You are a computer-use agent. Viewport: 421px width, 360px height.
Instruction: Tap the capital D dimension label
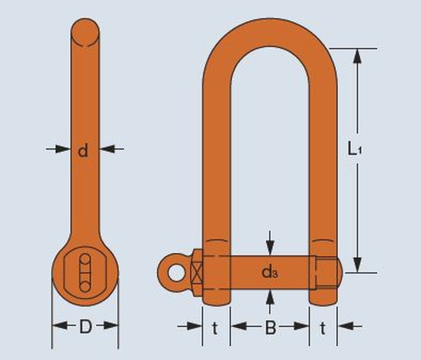[x=85, y=327]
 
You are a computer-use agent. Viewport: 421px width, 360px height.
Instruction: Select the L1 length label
[x=354, y=150]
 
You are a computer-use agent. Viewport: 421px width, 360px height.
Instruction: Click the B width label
[x=271, y=327]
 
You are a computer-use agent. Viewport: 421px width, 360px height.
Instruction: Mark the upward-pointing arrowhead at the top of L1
[x=357, y=55]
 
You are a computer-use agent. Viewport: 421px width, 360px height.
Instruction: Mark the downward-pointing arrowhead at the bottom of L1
[x=357, y=265]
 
